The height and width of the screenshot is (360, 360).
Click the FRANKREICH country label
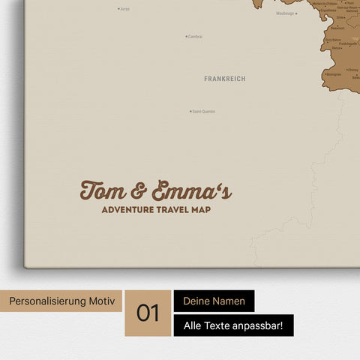pyautogui.click(x=224, y=78)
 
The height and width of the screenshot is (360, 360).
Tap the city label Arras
pyautogui.click(x=125, y=9)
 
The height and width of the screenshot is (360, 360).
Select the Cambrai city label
pyautogui.click(x=195, y=36)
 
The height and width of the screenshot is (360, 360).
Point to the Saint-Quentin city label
pyautogui.click(x=204, y=112)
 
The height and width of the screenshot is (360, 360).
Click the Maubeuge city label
pyautogui.click(x=285, y=13)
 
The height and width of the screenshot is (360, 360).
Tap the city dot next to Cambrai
pyautogui.click(x=186, y=36)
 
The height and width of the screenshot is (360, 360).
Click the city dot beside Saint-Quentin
pyautogui.click(x=190, y=112)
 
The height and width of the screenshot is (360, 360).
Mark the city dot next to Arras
pyautogui.click(x=118, y=9)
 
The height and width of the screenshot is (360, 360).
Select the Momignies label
pyautogui.click(x=333, y=75)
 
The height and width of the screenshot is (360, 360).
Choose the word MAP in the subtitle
pyautogui.click(x=200, y=210)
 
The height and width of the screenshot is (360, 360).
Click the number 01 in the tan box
pyautogui.click(x=148, y=313)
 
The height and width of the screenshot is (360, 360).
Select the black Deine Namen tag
pyautogui.click(x=214, y=301)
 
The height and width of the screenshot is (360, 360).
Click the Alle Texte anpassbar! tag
pyautogui.click(x=233, y=325)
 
